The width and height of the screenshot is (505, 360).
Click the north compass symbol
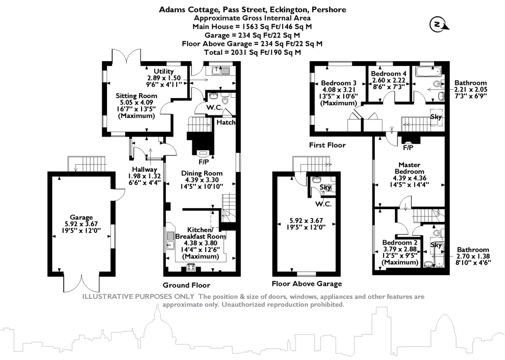click(437, 24)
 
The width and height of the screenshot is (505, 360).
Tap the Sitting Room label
click(137, 96)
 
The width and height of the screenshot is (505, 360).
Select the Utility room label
click(164, 72)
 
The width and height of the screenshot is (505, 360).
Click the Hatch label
click(226, 122)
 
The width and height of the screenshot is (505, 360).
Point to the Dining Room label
click(202, 173)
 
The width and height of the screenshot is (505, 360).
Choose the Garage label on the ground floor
click(81, 217)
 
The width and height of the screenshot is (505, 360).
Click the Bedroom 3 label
click(338, 82)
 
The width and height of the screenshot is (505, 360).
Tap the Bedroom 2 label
click(400, 243)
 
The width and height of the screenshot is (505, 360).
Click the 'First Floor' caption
click(327, 145)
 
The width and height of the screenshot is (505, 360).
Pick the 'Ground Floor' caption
click(186, 285)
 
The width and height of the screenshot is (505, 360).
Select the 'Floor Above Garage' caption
click(307, 284)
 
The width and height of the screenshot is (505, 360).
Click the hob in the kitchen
click(190, 267)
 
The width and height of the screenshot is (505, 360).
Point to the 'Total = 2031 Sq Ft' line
click(252, 52)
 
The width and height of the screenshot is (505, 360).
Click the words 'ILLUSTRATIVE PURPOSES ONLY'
click(139, 297)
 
